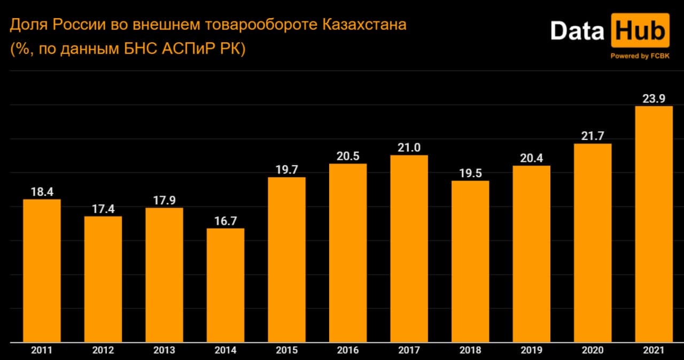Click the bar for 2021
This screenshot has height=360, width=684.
654,224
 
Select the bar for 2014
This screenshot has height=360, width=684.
226,285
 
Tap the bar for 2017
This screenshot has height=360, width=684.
409,248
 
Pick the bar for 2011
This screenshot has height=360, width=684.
42,270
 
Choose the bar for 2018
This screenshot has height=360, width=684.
470,261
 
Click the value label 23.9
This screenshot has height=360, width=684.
654,98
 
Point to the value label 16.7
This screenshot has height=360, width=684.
226,221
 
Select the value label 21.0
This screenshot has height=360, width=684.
409,147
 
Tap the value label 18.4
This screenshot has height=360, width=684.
42,191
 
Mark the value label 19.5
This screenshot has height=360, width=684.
470,173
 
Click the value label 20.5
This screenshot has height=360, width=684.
348,156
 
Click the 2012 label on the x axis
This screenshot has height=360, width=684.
103,350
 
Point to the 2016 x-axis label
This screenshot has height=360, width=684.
348,350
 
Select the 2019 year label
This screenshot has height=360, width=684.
531,350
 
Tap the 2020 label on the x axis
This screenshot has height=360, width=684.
592,350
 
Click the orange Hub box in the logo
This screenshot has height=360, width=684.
640,30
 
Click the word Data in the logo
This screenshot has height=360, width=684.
577,30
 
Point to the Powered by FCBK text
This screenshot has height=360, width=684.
639,56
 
